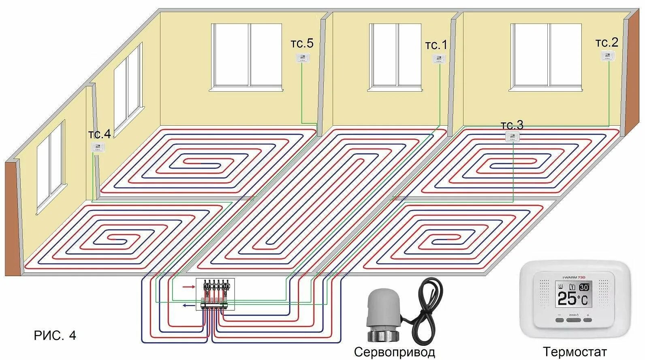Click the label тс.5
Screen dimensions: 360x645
coord(302,43)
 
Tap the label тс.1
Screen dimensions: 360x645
coord(436,45)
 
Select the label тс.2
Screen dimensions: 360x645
coord(607,43)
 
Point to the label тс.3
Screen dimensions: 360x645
coord(512,125)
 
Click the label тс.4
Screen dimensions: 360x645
coord(99,134)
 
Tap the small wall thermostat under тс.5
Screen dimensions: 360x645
coord(303,58)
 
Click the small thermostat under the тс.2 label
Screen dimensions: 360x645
coord(608,56)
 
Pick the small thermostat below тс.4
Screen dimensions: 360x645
coord(98,147)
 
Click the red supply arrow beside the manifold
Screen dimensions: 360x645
coord(188,287)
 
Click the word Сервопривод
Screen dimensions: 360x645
coord(394,351)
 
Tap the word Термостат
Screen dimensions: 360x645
coord(575,351)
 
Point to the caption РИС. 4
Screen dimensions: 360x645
coord(55,336)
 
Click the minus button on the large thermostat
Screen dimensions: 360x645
coord(560,319)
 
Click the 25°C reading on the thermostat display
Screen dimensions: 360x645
coord(572,299)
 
